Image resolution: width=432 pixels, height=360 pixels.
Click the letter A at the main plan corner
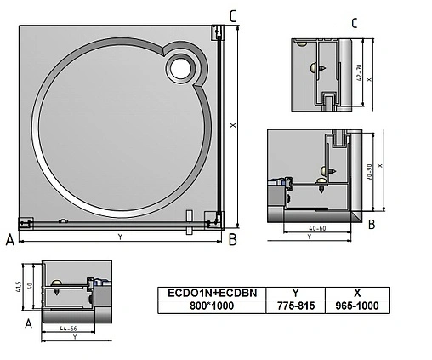coord(9,241)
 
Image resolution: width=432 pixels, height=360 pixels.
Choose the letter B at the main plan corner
coord(231,241)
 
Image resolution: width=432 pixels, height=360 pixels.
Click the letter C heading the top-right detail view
coord(354,23)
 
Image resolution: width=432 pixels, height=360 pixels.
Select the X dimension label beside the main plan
coord(232,125)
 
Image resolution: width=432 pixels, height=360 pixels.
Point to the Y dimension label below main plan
coord(119,237)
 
